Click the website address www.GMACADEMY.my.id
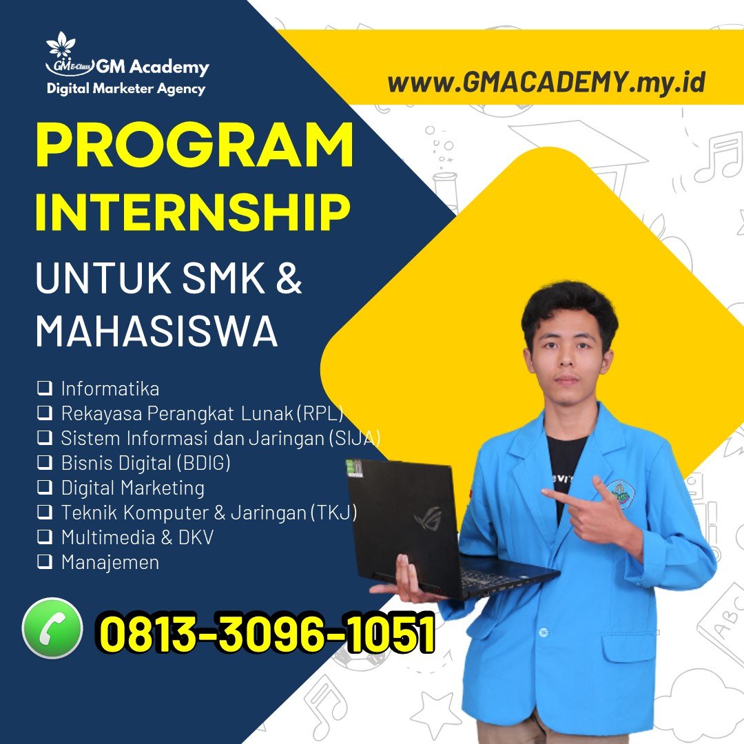pyautogui.click(x=546, y=82)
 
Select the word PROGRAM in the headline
pyautogui.click(x=194, y=144)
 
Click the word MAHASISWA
pyautogui.click(x=156, y=331)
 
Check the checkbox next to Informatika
pyautogui.click(x=45, y=388)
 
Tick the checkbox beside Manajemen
pyautogui.click(x=45, y=561)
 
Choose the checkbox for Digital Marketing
pyautogui.click(x=45, y=487)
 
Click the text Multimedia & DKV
pyautogui.click(x=138, y=537)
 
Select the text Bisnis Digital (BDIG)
pyautogui.click(x=145, y=463)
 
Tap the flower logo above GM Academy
pyautogui.click(x=61, y=45)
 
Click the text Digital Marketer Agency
pyautogui.click(x=126, y=89)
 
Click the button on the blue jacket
pyautogui.click(x=544, y=632)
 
